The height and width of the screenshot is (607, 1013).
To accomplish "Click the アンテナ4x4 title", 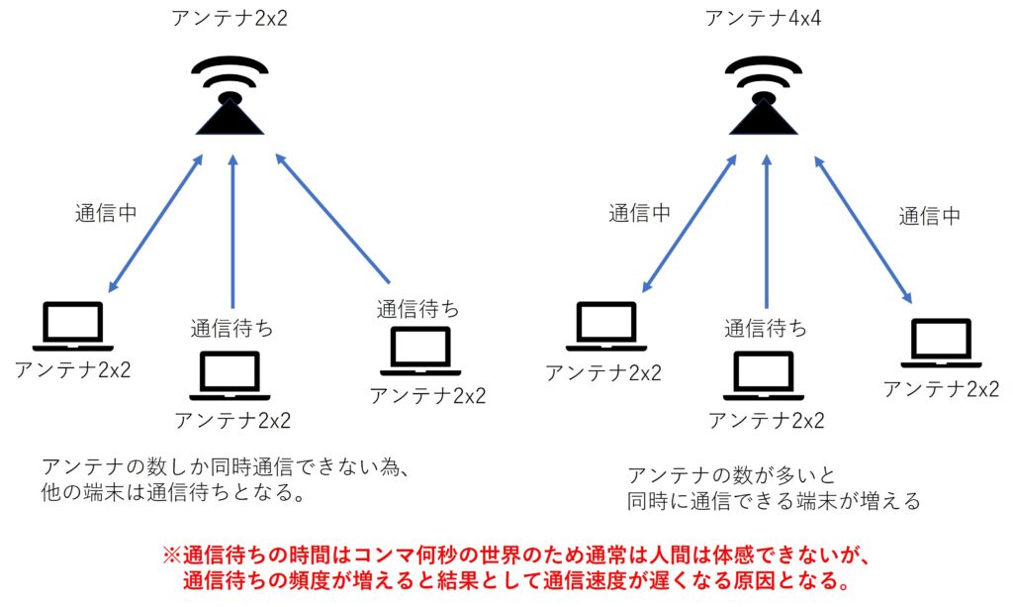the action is pyautogui.click(x=763, y=18).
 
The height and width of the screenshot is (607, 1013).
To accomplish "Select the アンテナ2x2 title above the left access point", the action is pyautogui.click(x=230, y=18).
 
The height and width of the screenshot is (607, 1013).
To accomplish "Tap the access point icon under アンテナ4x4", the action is pyautogui.click(x=764, y=96).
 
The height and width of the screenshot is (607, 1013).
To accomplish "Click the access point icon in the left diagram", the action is pyautogui.click(x=230, y=96).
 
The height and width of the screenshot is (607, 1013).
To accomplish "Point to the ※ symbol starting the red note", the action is pyautogui.click(x=171, y=555).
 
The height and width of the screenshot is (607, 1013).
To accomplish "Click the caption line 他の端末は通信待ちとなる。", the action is pyautogui.click(x=173, y=492).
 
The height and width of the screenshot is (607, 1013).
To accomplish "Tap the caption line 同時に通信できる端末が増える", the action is pyautogui.click(x=774, y=501).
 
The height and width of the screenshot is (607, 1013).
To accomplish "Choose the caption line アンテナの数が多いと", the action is pyautogui.click(x=731, y=475).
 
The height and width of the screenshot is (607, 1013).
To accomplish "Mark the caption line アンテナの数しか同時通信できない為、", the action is pyautogui.click(x=226, y=466).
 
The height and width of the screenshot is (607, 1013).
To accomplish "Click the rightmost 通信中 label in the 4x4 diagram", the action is pyautogui.click(x=930, y=216).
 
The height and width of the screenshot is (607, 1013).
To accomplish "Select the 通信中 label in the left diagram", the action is pyautogui.click(x=106, y=213).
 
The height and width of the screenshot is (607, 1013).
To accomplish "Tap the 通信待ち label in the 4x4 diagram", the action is pyautogui.click(x=766, y=329).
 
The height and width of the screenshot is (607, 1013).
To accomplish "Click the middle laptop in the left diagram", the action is pyautogui.click(x=230, y=375).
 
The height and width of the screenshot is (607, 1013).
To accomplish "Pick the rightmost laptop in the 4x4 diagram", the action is pyautogui.click(x=941, y=343).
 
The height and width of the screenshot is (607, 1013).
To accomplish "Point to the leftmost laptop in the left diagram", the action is pyautogui.click(x=73, y=327).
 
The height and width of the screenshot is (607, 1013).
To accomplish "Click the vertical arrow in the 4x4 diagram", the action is pyautogui.click(x=767, y=232).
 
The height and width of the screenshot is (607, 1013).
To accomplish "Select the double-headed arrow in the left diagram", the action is pyautogui.click(x=155, y=223).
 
